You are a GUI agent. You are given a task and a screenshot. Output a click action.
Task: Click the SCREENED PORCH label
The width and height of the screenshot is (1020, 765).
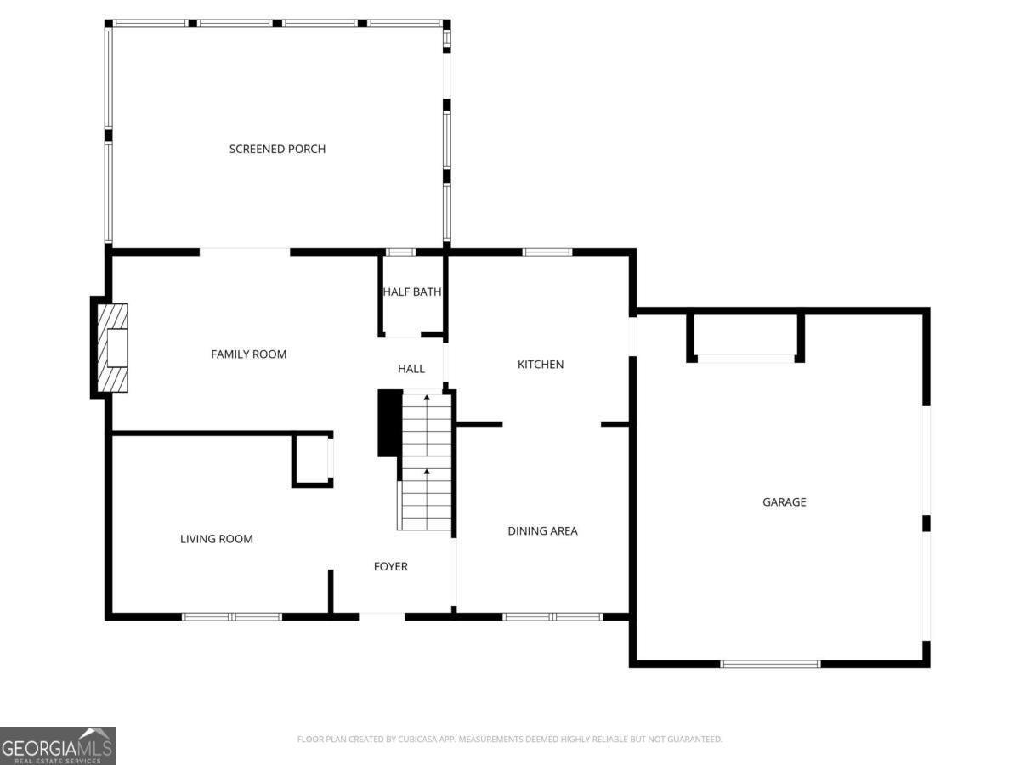277,149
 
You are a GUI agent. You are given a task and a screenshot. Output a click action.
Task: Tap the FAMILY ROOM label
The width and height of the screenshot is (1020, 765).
248,354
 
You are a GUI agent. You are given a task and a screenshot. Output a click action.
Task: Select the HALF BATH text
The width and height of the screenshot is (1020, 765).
411,292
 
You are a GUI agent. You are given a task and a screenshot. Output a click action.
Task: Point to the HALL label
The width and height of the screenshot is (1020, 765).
411,369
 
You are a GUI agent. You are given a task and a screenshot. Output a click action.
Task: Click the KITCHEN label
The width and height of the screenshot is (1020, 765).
541,365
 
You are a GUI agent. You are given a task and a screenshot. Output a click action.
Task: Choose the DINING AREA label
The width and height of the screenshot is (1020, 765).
542,531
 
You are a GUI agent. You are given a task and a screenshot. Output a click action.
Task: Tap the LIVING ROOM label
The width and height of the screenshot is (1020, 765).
217,539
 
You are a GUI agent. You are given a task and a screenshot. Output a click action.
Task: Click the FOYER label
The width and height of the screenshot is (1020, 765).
391,566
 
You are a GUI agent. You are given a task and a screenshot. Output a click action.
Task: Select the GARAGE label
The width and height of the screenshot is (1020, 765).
784,502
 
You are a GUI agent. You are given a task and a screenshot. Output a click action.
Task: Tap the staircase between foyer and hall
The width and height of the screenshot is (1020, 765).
426,462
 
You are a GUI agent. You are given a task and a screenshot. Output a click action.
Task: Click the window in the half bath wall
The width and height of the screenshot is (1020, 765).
400,252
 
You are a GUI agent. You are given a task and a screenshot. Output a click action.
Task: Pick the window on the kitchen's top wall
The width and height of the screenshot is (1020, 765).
547,252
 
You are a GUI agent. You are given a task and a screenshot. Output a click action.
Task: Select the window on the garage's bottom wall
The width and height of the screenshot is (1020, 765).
770,664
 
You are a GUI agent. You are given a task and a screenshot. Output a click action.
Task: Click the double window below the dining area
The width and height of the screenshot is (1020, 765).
552,617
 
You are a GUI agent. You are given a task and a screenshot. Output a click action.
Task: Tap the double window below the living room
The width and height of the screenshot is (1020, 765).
231,617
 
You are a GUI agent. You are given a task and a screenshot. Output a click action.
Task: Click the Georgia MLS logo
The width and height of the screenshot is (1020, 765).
58,745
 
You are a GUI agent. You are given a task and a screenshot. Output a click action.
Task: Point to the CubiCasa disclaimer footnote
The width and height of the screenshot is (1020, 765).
510,739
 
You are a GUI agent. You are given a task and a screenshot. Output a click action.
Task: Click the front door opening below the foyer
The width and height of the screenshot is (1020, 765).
382,616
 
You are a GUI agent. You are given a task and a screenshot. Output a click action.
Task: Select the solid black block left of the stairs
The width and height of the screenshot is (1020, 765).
390,423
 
